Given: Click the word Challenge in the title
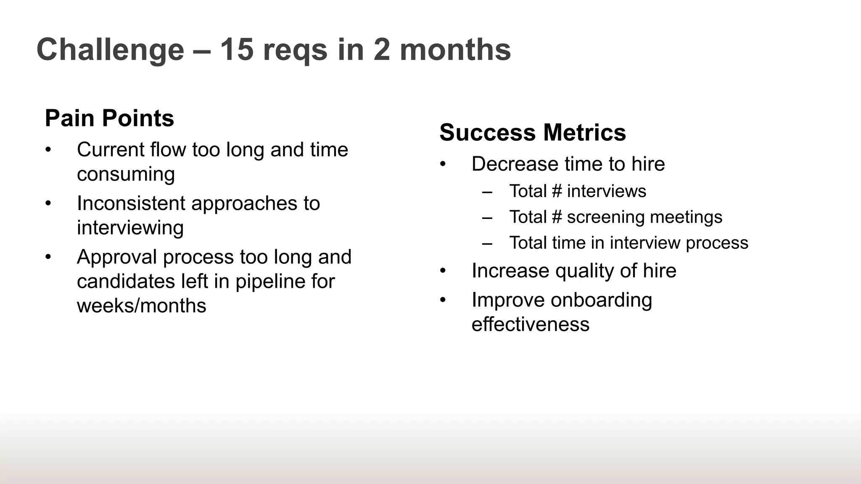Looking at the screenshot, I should [x=111, y=50].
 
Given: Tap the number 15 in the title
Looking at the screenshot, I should [x=237, y=50].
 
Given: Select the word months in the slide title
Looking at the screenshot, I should [x=455, y=50].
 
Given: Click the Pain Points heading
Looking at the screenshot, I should [x=109, y=118].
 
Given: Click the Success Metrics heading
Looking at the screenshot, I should [x=533, y=132].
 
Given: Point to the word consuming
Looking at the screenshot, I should [x=126, y=174].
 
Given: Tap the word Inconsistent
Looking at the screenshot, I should [x=131, y=203].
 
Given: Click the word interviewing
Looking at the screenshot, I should [x=130, y=228].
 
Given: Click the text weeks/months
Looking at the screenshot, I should [x=142, y=305].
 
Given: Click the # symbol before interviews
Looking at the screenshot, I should [x=557, y=192].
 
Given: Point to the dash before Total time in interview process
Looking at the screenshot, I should [x=487, y=243].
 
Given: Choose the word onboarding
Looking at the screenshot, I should [x=601, y=300].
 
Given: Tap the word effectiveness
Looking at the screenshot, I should [x=531, y=324].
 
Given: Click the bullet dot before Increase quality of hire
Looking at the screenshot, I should [x=443, y=271].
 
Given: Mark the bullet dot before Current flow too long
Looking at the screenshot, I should [x=48, y=150].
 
